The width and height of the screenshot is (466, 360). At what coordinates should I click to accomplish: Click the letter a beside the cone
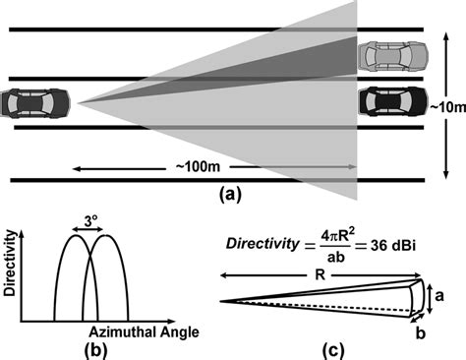pos(441,293)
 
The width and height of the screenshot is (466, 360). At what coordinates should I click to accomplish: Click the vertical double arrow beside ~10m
pos(430,103)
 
